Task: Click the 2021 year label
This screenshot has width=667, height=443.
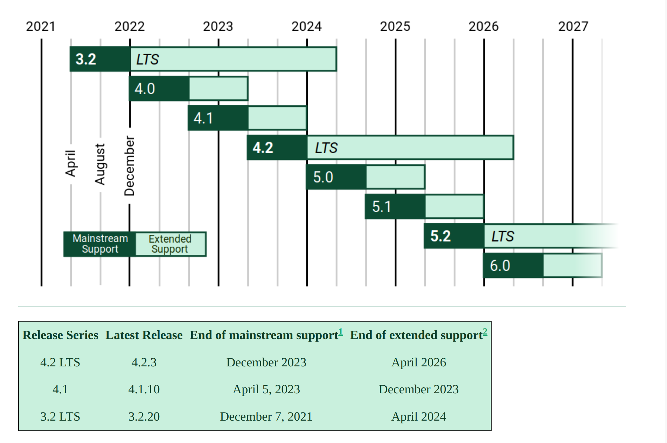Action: (x=41, y=27)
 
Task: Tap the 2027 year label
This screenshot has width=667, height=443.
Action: (x=573, y=27)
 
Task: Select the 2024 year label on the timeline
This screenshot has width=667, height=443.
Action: (x=306, y=27)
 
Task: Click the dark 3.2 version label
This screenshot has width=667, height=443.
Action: (x=86, y=59)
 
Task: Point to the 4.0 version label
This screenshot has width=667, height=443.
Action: (x=145, y=89)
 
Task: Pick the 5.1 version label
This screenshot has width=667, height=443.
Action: (x=381, y=207)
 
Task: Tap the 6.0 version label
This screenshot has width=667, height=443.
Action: (x=500, y=266)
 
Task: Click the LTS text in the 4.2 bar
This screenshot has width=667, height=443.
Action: (x=326, y=148)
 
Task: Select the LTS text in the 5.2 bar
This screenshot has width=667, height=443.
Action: (x=502, y=237)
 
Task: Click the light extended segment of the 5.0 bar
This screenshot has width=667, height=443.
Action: (x=396, y=177)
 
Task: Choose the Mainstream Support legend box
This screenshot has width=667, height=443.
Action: (x=100, y=244)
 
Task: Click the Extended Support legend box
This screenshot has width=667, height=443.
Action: (x=170, y=244)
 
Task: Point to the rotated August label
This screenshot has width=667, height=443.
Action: (x=100, y=164)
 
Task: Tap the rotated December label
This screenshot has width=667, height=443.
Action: (x=130, y=166)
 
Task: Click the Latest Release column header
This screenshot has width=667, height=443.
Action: (x=144, y=335)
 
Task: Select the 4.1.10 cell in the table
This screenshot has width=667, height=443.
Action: (x=144, y=389)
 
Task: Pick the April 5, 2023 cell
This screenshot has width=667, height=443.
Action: (x=266, y=389)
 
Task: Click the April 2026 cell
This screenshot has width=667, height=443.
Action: (x=418, y=362)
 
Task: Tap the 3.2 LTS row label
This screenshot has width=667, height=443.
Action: (x=60, y=416)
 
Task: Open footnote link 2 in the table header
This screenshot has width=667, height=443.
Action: (x=485, y=331)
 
